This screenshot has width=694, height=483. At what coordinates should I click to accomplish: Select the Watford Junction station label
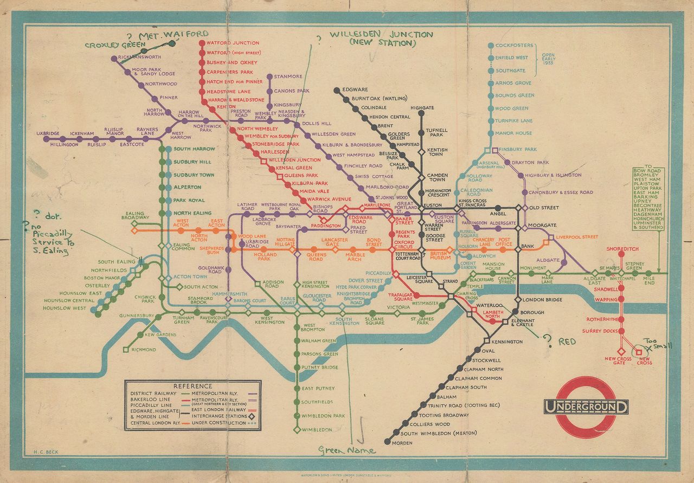(x=233, y=43)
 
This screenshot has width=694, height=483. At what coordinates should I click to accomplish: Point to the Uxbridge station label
(x=47, y=133)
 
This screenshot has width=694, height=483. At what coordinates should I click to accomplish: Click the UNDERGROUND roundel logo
(x=586, y=407)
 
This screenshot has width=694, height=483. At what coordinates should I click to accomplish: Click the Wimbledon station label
(x=317, y=430)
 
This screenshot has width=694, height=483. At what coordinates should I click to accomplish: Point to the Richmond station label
(x=143, y=350)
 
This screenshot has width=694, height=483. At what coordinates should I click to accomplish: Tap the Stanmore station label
(x=288, y=76)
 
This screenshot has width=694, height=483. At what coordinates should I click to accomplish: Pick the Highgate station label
(x=422, y=108)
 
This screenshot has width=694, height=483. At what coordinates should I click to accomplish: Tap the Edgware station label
(x=355, y=89)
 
